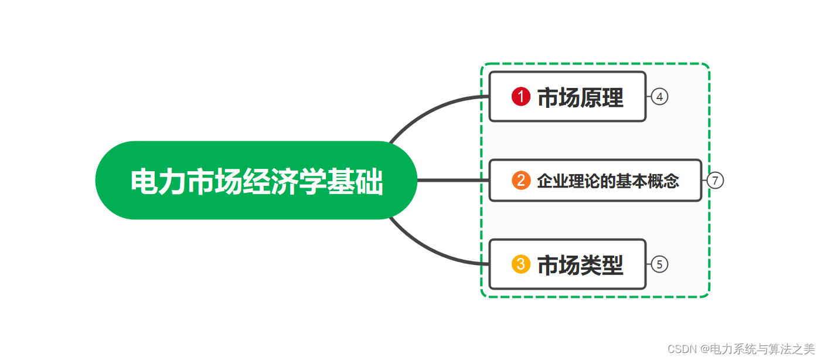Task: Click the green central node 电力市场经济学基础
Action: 256,180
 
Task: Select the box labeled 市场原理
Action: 567,97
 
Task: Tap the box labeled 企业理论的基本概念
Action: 595,181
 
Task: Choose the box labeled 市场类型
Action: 567,264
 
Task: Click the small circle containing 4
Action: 659,97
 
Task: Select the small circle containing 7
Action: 715,181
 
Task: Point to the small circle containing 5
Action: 659,265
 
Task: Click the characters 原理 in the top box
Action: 602,97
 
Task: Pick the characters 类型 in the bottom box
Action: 602,265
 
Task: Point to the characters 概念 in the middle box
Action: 664,181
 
